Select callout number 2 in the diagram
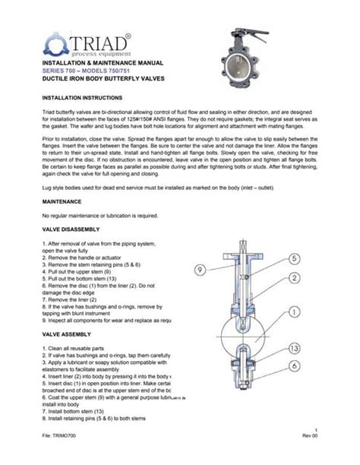coord(293,278)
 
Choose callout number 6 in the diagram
coord(293,366)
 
